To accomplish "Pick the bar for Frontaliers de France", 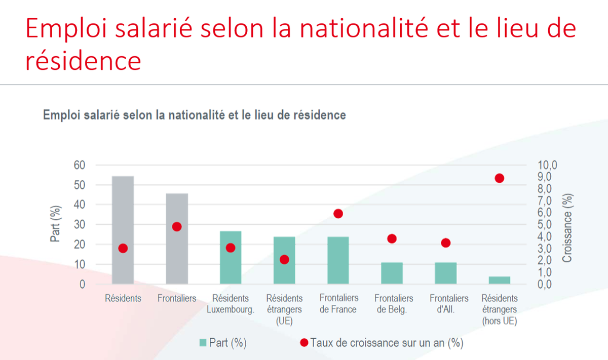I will pyautogui.click(x=338, y=260).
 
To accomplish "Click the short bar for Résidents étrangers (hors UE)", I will pyautogui.click(x=500, y=280).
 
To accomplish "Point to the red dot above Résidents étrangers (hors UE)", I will pyautogui.click(x=500, y=178).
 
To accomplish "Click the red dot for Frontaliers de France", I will pyautogui.click(x=338, y=214).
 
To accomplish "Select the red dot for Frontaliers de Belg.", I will pyautogui.click(x=392, y=239).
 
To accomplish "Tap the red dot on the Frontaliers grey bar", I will pyautogui.click(x=177, y=227).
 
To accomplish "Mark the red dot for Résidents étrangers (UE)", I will pyautogui.click(x=284, y=260).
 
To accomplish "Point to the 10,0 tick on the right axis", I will pyautogui.click(x=548, y=165).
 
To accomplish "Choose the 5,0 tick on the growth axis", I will pyautogui.click(x=548, y=225).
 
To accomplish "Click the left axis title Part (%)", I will pyautogui.click(x=57, y=224).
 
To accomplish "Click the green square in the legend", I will pyautogui.click(x=203, y=343).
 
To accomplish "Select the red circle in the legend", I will pyautogui.click(x=304, y=343).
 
